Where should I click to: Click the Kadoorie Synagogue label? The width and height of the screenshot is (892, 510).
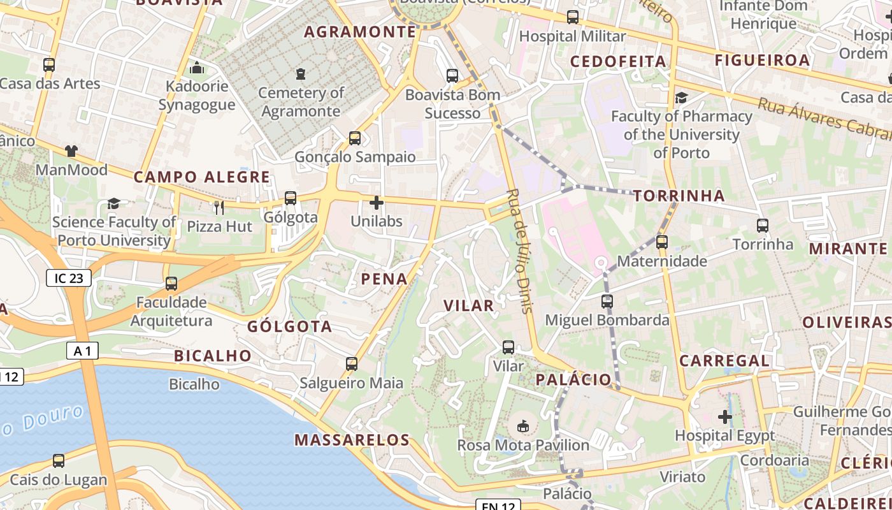pos(197,96)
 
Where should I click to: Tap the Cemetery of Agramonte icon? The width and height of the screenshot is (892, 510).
pos(301,74)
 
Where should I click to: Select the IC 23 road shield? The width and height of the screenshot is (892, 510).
pos(69,278)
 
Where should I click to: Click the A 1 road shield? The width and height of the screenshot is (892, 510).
pos(83,351)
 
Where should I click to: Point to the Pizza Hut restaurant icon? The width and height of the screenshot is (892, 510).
pos(219,207)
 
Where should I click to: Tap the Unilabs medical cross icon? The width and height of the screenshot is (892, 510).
pos(377,203)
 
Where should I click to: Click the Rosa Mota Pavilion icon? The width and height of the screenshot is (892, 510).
pos(523,426)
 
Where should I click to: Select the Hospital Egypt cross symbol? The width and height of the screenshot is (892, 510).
pos(725,417)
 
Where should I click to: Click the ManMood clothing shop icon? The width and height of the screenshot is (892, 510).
pos(71,151)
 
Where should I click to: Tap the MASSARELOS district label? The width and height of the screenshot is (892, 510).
pos(352,440)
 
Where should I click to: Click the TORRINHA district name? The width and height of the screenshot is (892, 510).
pos(679,196)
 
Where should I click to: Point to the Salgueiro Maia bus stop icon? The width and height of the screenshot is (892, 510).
pos(352,364)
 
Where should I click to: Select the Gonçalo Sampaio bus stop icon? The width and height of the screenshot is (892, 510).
pos(355,138)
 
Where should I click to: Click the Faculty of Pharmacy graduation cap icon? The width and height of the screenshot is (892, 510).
pos(681,98)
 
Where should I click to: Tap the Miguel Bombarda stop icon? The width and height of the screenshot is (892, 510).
pos(607,301)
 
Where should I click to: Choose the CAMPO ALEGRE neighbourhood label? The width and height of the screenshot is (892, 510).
pos(202,177)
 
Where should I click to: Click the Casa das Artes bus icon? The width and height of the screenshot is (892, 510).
pos(49,64)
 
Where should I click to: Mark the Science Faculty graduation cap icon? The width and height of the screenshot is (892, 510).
pos(113,203)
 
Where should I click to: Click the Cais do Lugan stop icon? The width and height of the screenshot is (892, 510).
pos(59,460)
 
